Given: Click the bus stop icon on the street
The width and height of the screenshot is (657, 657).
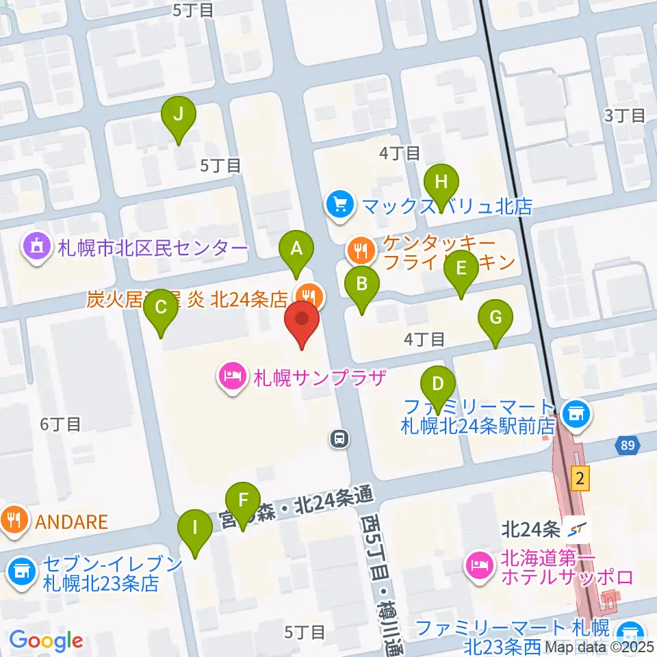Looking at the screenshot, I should click(339, 439).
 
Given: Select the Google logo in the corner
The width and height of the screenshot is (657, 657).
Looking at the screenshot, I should click(46, 641).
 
